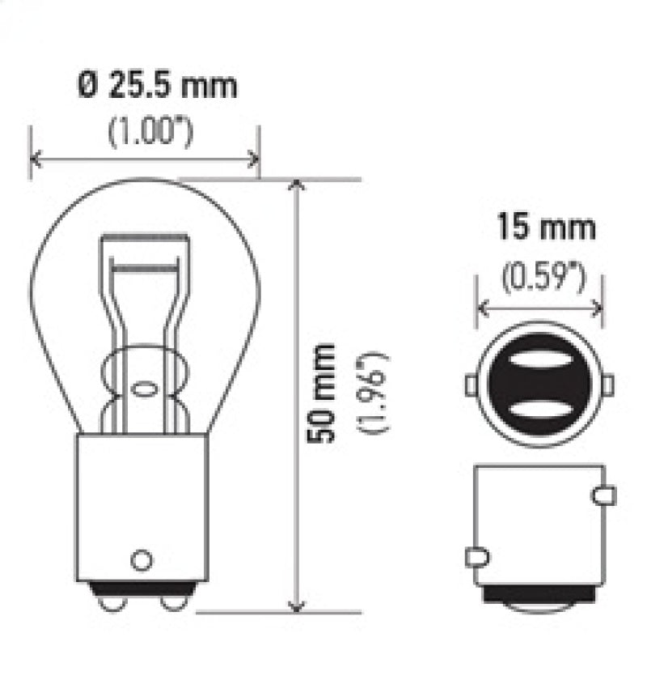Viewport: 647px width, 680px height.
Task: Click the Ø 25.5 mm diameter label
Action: (158, 85)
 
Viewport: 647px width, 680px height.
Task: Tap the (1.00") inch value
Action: (151, 132)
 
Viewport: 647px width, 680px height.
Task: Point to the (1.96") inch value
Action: (377, 392)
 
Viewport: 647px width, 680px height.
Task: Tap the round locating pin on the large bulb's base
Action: (142, 559)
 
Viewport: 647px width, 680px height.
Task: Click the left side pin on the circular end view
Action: (471, 385)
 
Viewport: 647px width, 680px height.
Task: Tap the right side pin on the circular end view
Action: (608, 385)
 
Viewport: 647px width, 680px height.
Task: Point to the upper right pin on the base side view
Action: (603, 495)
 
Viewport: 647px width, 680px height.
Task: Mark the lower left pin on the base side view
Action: (476, 557)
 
